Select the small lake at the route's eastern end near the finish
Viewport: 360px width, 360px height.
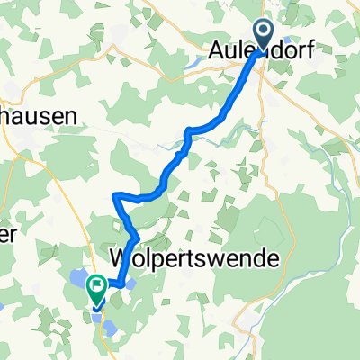point(131,284)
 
